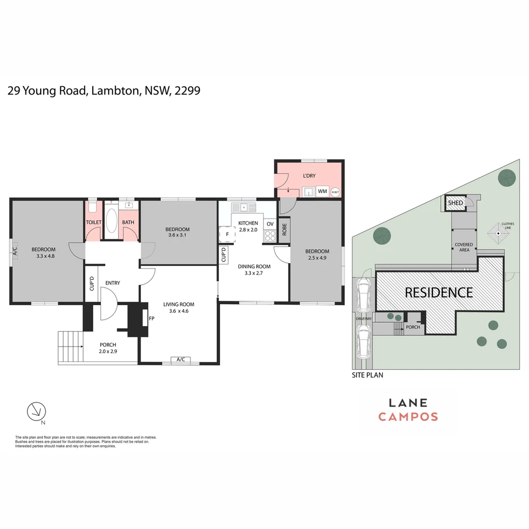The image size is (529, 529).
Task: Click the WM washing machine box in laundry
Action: click(x=322, y=191)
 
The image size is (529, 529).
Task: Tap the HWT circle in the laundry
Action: click(x=336, y=192)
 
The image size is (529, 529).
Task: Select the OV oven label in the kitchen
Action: click(x=270, y=224)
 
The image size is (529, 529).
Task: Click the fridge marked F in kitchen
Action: click(x=227, y=234)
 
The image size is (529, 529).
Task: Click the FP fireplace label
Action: click(x=152, y=318)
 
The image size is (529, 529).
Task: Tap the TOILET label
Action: click(x=94, y=222)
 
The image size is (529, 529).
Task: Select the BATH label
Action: click(x=128, y=222)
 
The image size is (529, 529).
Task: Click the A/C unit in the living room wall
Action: click(x=180, y=360)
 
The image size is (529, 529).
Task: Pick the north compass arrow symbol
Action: click(x=36, y=411)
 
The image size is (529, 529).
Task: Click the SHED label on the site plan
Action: click(x=456, y=203)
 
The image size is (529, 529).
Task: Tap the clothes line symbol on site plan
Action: click(x=499, y=234)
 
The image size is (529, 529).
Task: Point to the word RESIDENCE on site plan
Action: click(x=439, y=292)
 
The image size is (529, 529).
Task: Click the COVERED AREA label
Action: click(x=464, y=247)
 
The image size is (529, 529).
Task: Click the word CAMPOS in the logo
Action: click(x=408, y=417)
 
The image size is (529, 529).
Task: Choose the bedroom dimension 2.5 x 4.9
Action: click(x=317, y=258)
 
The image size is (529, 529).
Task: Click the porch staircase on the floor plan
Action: click(x=71, y=347)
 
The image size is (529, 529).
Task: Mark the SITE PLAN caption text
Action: click(x=367, y=375)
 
